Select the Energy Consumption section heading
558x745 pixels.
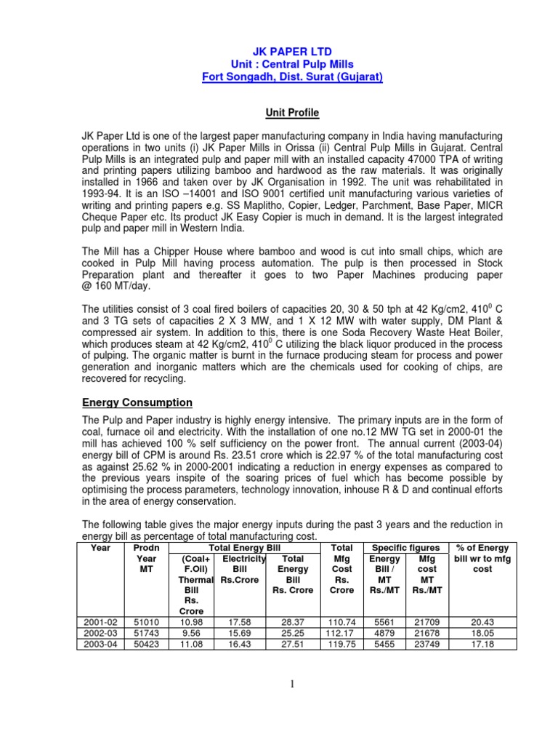(137, 402)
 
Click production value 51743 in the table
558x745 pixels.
(146, 634)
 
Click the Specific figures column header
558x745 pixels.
(405, 547)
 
